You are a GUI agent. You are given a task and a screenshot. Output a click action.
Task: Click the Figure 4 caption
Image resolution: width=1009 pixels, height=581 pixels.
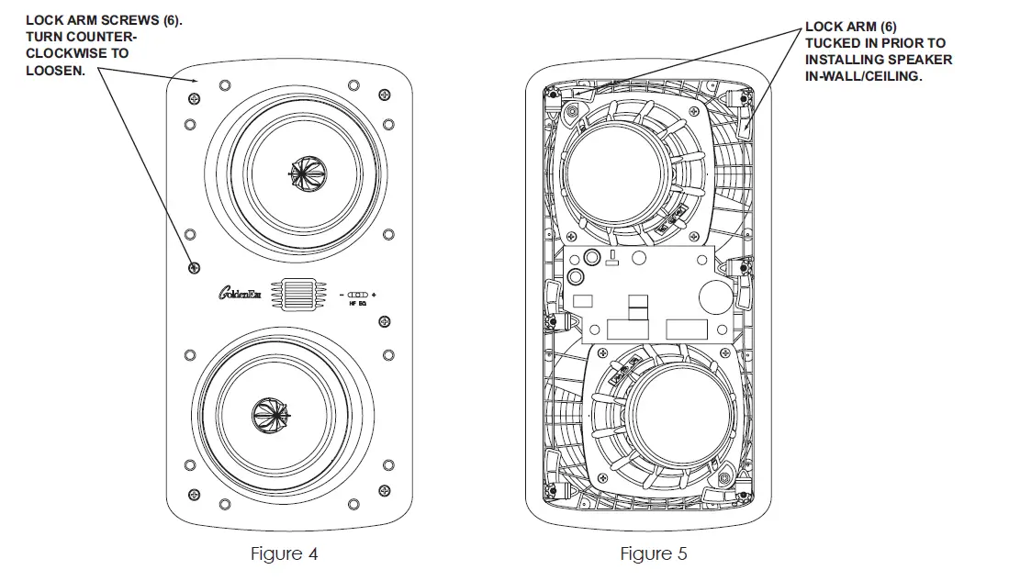[x=285, y=553]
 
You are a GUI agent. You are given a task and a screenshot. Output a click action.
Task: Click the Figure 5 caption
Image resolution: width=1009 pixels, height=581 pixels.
[x=653, y=553]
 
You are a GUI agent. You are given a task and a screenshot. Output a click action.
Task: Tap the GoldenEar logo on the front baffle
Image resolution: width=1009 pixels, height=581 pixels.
[x=240, y=293]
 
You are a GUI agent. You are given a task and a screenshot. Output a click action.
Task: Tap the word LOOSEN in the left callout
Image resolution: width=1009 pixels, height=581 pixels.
[x=56, y=71]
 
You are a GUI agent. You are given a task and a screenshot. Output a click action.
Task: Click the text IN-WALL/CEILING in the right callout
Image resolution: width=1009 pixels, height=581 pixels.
[x=862, y=76]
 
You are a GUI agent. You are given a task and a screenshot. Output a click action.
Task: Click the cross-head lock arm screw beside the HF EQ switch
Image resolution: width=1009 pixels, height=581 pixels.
[x=384, y=321]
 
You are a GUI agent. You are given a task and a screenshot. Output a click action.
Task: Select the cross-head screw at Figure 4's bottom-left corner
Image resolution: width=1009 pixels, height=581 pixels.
[x=194, y=494]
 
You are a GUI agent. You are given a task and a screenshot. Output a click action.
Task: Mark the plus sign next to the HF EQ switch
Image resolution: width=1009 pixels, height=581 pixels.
[x=375, y=295]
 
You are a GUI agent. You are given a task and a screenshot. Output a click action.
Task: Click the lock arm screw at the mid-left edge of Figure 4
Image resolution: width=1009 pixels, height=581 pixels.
[x=194, y=267]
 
